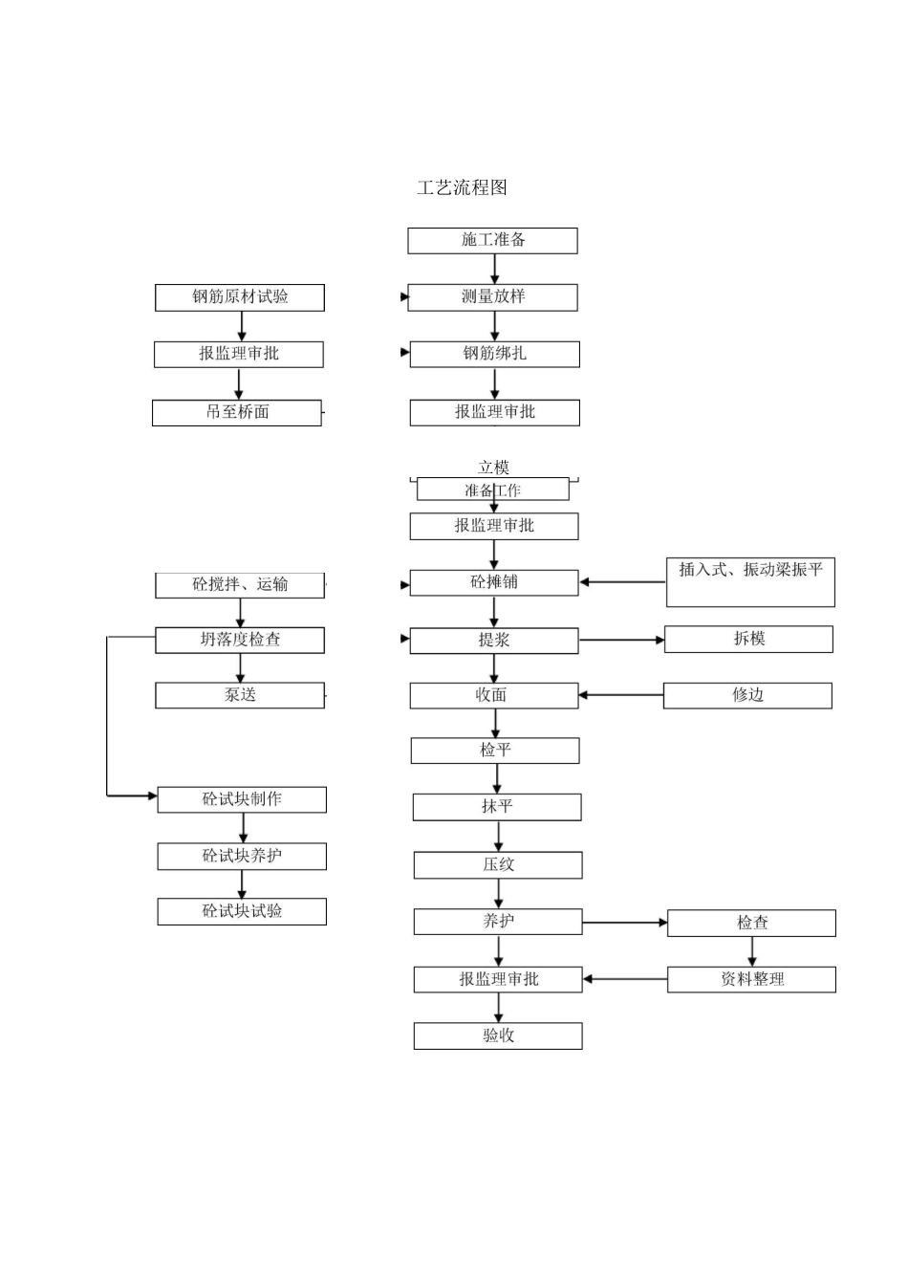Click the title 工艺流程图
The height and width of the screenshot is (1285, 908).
pyautogui.click(x=462, y=187)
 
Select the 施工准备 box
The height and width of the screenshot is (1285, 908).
pyautogui.click(x=492, y=240)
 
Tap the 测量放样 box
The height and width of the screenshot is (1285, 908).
pyautogui.click(x=492, y=297)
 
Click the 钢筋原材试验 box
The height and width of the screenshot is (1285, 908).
pyautogui.click(x=240, y=297)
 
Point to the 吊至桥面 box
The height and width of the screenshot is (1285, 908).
pyautogui.click(x=237, y=412)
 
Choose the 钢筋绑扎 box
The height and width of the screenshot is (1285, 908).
pyautogui.click(x=494, y=354)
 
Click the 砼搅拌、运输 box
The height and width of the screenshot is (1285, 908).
pyautogui.click(x=240, y=585)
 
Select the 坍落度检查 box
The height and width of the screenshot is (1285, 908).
pyautogui.click(x=240, y=640)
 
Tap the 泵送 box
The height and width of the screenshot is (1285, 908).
pyautogui.click(x=240, y=695)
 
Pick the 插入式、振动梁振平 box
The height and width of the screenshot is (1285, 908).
pyautogui.click(x=750, y=581)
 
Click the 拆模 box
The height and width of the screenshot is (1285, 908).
pyautogui.click(x=748, y=639)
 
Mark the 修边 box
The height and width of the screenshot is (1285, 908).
pyautogui.click(x=747, y=695)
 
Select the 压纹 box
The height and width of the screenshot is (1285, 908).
pyautogui.click(x=498, y=865)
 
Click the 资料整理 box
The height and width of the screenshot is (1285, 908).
pyautogui.click(x=751, y=979)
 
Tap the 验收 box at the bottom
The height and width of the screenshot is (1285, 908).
pyautogui.click(x=498, y=1035)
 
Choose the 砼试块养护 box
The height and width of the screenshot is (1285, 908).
pyautogui.click(x=242, y=856)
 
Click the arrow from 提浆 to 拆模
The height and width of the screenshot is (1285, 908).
pyautogui.click(x=621, y=640)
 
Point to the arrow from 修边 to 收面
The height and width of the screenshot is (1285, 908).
pyautogui.click(x=621, y=695)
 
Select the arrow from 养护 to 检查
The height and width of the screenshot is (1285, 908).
pyautogui.click(x=625, y=923)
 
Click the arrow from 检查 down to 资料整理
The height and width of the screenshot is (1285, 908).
pyautogui.click(x=751, y=951)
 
